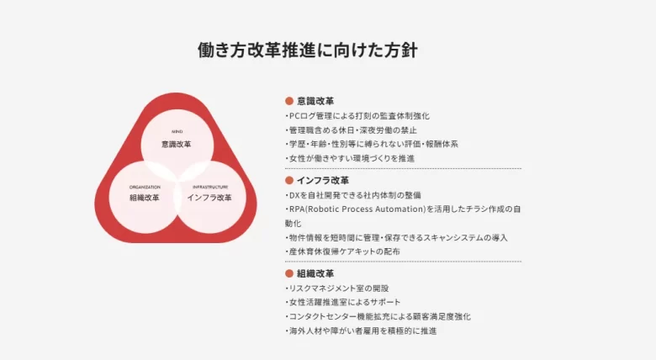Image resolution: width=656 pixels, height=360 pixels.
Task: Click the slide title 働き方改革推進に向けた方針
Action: (308, 50)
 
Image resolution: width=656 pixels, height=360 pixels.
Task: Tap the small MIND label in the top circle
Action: (177, 131)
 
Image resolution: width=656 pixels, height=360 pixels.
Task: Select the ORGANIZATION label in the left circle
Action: (145, 187)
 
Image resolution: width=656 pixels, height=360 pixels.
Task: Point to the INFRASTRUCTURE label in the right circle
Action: (210, 187)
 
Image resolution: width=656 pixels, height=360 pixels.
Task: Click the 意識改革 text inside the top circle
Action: (177, 145)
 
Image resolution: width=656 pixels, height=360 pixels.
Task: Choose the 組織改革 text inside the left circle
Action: (145, 198)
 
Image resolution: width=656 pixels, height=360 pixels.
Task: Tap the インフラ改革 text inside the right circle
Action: (209, 198)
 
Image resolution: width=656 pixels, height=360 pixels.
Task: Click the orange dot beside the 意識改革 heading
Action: (289, 101)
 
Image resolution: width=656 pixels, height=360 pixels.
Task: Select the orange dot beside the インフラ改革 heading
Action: (289, 180)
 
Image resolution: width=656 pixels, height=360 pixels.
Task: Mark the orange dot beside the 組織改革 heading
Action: (289, 273)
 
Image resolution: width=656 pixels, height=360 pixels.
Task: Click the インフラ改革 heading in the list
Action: (323, 180)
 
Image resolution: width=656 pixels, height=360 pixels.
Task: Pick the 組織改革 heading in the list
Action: (315, 273)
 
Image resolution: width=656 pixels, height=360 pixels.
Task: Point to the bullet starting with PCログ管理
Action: (357, 116)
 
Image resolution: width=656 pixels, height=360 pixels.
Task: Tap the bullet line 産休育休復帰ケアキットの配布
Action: (342, 251)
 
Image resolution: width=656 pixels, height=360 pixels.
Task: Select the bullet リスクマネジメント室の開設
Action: (337, 289)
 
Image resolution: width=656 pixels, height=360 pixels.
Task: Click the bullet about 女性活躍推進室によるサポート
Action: (343, 302)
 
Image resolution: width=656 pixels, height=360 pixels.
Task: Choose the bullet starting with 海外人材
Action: (361, 331)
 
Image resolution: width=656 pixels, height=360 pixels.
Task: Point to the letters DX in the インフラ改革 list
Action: (294, 195)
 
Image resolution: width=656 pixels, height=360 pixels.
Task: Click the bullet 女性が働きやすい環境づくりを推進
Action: (350, 158)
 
